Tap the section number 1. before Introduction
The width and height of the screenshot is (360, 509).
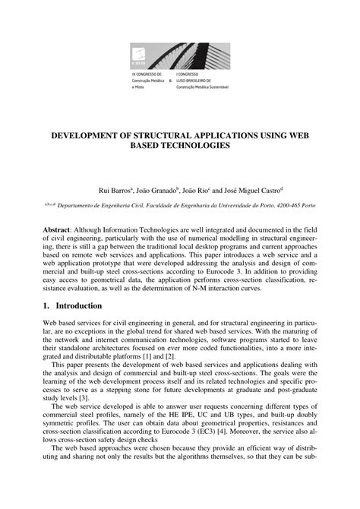click(x=48, y=305)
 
